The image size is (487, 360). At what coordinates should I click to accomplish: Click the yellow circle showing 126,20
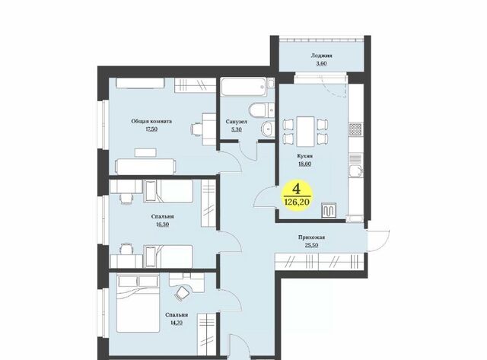[297, 196]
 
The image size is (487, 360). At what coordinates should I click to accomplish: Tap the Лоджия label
[321, 56]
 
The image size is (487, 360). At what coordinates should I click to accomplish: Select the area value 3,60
[321, 63]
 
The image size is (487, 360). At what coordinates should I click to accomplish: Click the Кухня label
[304, 156]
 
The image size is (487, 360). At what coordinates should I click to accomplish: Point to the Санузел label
[237, 122]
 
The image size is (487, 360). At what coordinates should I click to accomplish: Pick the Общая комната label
[151, 121]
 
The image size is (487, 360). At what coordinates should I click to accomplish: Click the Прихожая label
[311, 237]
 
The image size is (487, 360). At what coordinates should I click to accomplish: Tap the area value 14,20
[176, 323]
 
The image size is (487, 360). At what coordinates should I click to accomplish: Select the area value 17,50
[151, 129]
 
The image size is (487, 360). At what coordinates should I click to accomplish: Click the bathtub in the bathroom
[243, 88]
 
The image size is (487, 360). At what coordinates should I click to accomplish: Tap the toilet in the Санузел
[257, 110]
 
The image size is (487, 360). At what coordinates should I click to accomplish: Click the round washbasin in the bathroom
[267, 129]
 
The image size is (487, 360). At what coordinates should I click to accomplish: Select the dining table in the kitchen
[305, 131]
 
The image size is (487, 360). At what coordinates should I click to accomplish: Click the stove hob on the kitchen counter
[355, 129]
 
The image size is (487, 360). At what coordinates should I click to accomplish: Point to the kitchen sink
[356, 171]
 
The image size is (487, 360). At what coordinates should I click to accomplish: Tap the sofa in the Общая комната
[145, 167]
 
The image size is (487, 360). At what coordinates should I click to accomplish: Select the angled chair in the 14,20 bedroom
[182, 293]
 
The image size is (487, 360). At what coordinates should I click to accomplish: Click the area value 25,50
[311, 245]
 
